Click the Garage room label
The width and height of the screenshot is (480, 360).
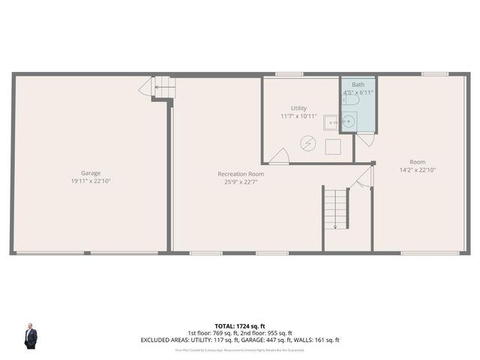pos(91,173)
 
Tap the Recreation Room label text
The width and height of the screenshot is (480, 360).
pos(241,174)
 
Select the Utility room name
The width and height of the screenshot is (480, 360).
pos(298,109)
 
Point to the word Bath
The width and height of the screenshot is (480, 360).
pos(358,85)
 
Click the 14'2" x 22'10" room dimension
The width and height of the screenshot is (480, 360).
pos(417,169)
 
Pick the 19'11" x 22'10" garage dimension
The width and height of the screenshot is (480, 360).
pos(91,181)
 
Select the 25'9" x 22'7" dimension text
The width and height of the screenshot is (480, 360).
pos(241,181)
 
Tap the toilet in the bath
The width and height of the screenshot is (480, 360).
pos(353,100)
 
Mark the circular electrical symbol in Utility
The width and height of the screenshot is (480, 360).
pos(307,142)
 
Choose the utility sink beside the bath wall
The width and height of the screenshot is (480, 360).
pos(331,122)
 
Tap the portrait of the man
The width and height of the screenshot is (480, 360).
pos(31,336)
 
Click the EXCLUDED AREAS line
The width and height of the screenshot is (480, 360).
pos(240,340)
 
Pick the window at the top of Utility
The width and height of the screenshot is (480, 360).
pos(289,74)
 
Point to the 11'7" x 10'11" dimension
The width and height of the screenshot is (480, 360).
pos(298,116)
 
